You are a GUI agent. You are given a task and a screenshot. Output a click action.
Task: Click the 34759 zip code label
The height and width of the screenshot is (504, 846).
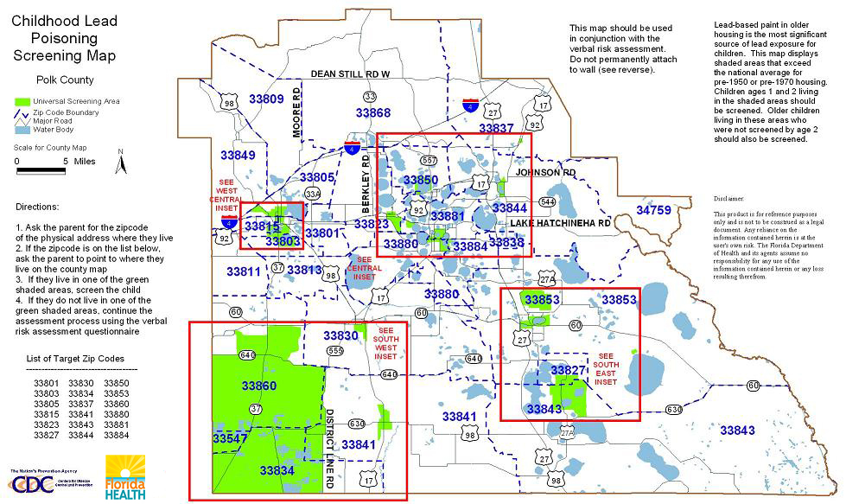(653, 210)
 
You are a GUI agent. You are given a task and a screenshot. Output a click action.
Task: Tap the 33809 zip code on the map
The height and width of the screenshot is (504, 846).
(266, 99)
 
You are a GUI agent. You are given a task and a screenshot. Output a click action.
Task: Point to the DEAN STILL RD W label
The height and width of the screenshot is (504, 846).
(351, 74)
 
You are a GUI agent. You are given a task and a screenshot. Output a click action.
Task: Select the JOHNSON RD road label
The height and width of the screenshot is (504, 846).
(545, 173)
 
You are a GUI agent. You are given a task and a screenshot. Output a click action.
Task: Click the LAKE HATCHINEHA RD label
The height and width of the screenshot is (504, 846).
(560, 224)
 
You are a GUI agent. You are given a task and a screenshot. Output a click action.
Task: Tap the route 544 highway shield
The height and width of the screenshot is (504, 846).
(546, 202)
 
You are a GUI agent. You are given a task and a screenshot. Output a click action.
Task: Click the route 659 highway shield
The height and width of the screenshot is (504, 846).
(335, 350)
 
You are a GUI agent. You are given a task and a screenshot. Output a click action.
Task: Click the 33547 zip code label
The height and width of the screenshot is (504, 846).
(229, 439)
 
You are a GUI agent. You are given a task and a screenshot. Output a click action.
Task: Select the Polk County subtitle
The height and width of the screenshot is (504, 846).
(66, 80)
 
